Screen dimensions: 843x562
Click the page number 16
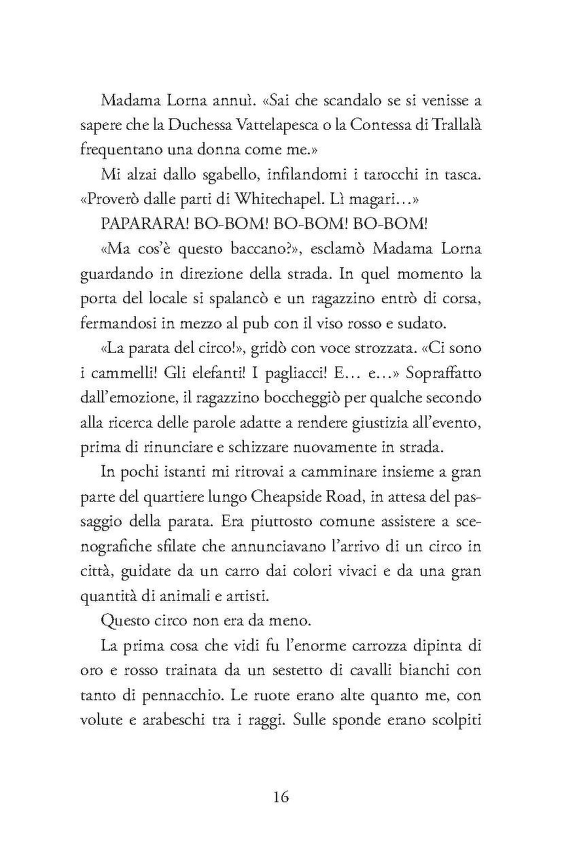tap(280, 796)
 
